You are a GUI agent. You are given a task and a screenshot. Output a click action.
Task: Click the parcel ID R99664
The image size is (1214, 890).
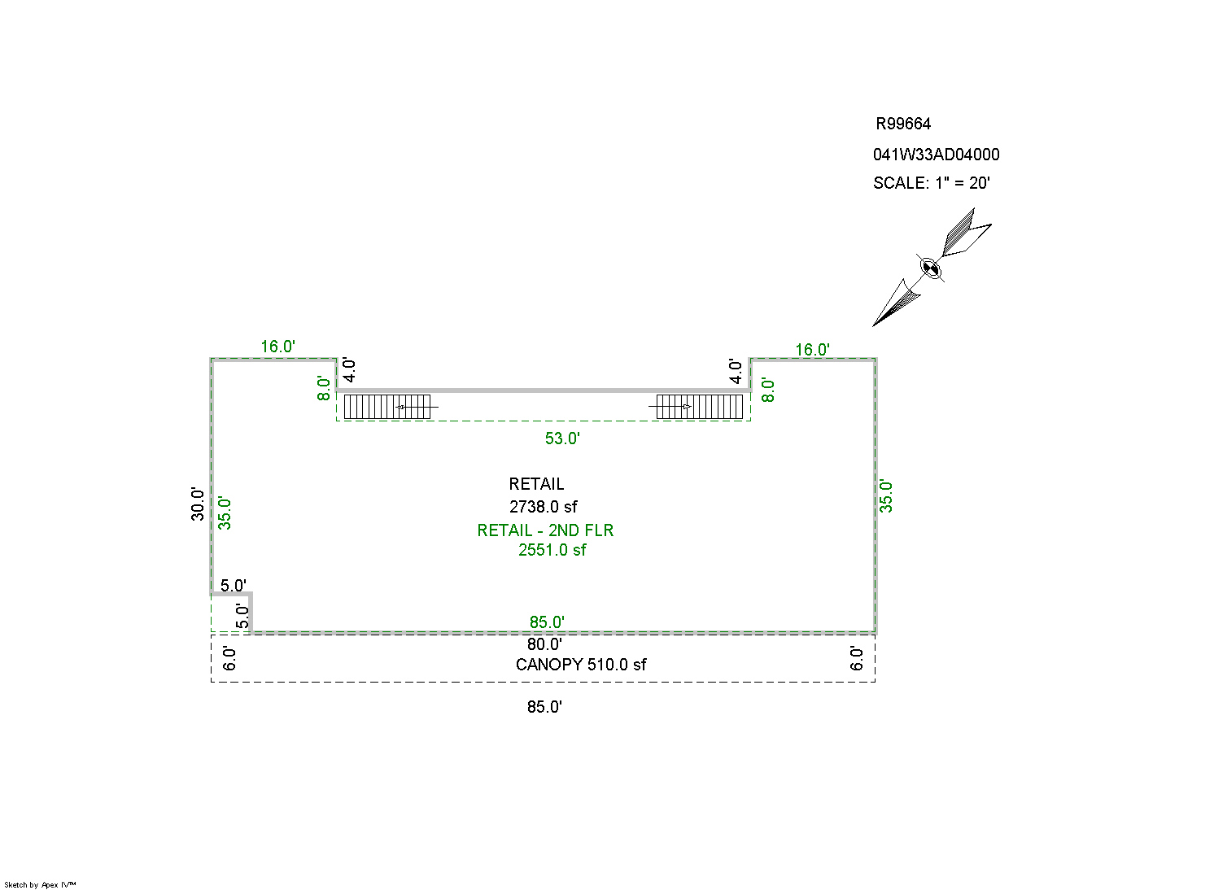click(902, 124)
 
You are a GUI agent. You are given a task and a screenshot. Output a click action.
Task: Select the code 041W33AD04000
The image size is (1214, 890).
click(936, 155)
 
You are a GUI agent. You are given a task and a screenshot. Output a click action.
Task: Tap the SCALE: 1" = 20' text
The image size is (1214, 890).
click(931, 183)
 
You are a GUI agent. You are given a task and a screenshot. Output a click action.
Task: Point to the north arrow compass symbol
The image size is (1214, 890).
click(932, 267)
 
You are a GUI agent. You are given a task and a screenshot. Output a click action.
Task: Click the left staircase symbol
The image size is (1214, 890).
click(387, 406)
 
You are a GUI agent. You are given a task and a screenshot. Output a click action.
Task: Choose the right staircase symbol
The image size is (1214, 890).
click(699, 406)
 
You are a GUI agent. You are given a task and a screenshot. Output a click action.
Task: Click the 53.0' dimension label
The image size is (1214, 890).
click(562, 438)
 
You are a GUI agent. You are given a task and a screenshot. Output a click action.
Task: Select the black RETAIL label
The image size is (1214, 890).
click(536, 484)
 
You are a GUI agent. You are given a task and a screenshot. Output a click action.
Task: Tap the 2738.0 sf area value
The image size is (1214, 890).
click(543, 507)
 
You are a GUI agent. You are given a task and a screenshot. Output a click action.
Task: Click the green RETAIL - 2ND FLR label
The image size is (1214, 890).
click(545, 530)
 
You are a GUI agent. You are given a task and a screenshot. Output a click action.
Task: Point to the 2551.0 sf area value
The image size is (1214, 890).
click(552, 550)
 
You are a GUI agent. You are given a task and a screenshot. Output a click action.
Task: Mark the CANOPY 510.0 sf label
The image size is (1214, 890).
click(581, 665)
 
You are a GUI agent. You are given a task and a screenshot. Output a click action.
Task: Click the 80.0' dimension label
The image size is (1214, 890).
click(544, 644)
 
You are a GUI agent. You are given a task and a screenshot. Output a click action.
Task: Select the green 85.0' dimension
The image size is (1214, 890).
click(547, 622)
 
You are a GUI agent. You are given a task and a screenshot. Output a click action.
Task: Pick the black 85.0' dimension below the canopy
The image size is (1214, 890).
click(544, 707)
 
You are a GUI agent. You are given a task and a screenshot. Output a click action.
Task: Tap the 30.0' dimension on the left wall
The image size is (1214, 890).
click(198, 504)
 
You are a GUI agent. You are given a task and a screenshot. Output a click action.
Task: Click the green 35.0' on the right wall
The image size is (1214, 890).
click(886, 496)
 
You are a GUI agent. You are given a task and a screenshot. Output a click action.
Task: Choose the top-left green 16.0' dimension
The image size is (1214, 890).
click(277, 347)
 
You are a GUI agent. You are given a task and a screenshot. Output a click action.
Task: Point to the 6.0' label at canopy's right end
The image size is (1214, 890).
click(856, 657)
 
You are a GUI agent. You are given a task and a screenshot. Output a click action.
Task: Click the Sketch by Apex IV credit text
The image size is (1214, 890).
click(40, 884)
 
